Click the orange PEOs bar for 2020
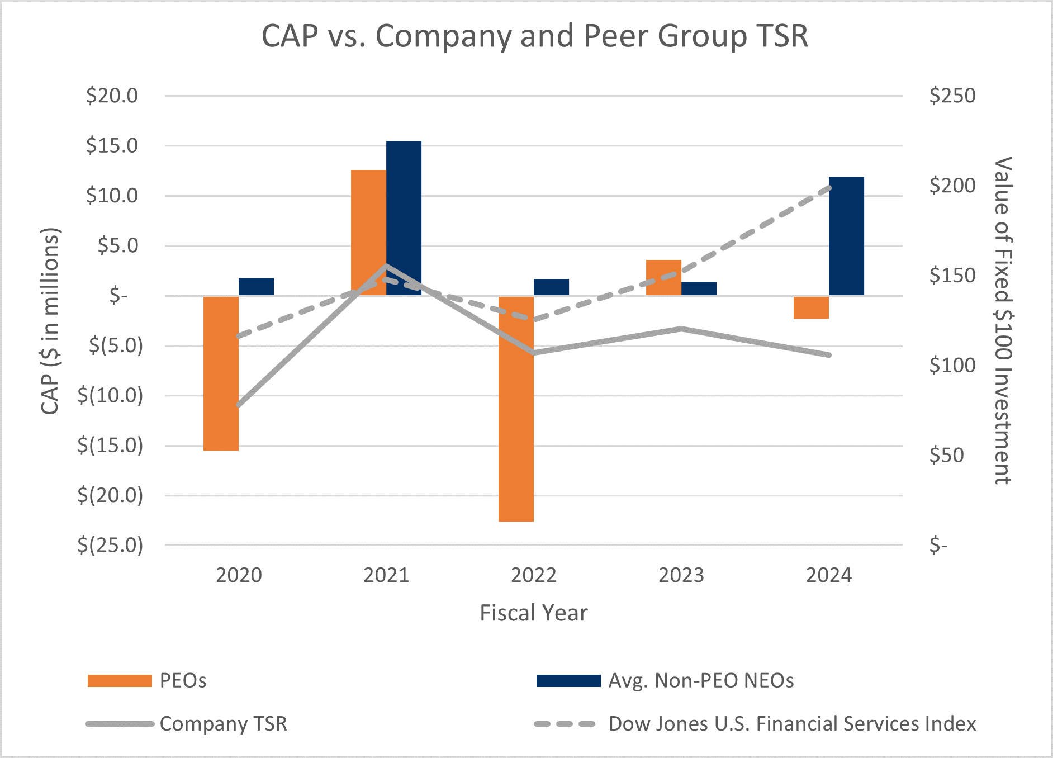221,373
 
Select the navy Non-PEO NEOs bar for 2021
404,218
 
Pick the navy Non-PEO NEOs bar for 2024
846,236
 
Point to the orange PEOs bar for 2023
663,277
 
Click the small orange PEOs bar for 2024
811,307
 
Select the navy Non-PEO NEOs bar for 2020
256,286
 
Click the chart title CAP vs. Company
534,36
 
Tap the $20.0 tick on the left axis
112,96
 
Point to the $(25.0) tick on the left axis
110,544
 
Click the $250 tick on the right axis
952,96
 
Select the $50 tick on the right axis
946,455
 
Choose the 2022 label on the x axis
534,575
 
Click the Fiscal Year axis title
534,613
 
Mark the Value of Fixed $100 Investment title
1003,320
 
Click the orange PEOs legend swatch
120,681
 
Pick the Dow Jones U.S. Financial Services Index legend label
792,724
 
